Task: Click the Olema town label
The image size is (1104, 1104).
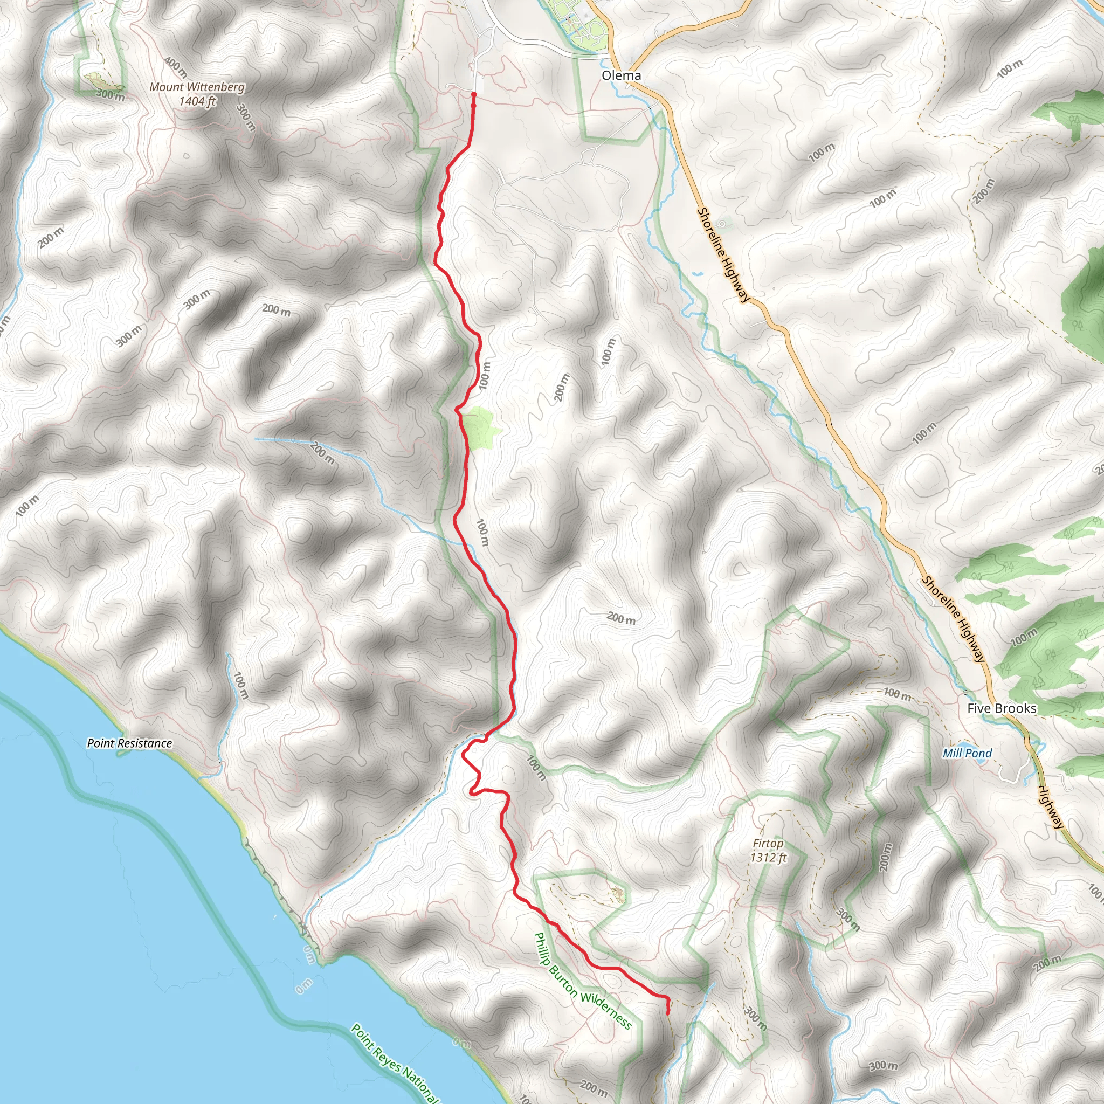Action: (621, 75)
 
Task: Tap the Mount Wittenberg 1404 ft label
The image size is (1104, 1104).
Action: (197, 94)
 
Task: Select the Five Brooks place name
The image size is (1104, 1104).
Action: (1002, 708)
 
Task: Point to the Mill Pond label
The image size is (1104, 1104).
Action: (967, 753)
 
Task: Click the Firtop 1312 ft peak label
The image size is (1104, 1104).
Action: (768, 850)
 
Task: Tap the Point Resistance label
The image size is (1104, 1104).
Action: (129, 743)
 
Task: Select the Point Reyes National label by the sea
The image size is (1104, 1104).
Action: (394, 1064)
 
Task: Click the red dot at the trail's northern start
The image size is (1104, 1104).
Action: (474, 95)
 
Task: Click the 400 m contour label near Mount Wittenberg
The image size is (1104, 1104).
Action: (176, 67)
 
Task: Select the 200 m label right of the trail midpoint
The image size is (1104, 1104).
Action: (620, 618)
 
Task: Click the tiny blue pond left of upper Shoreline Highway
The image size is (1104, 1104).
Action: (697, 274)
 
